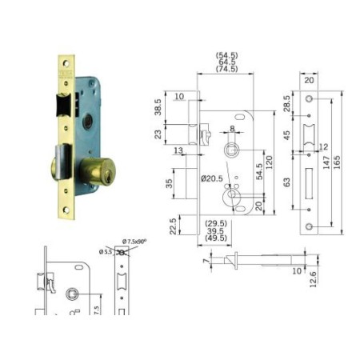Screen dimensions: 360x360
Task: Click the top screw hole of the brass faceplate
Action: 66,62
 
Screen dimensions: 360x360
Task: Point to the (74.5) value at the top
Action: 226,70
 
